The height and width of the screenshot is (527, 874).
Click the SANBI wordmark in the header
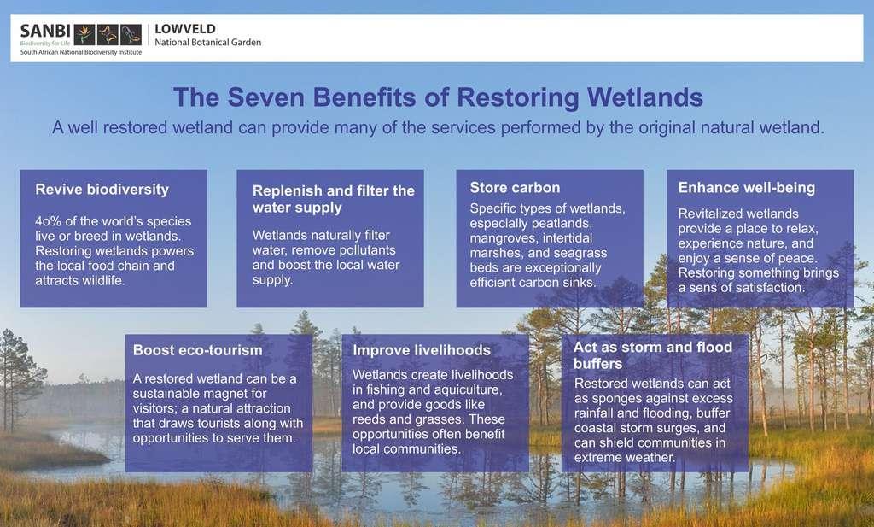(x=45, y=32)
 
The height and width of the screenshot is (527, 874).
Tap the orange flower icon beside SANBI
(x=84, y=34)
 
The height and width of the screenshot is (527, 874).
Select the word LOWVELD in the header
(x=185, y=29)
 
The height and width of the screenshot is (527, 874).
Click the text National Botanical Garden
(x=208, y=43)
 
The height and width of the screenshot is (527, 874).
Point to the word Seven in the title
(x=265, y=97)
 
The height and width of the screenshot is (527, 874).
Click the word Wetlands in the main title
(x=645, y=97)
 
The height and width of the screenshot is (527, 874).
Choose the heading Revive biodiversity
(x=102, y=190)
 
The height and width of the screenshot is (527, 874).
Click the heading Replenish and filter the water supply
(x=334, y=199)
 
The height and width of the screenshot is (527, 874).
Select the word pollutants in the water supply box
(x=365, y=250)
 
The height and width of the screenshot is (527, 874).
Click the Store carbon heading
(x=515, y=188)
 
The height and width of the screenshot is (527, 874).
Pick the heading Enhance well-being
(x=746, y=188)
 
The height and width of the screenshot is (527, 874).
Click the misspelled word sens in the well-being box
(x=702, y=288)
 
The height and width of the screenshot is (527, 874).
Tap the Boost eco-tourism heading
(x=197, y=350)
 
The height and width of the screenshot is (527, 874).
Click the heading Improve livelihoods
(x=422, y=350)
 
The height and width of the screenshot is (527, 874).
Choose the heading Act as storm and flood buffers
(x=653, y=355)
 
